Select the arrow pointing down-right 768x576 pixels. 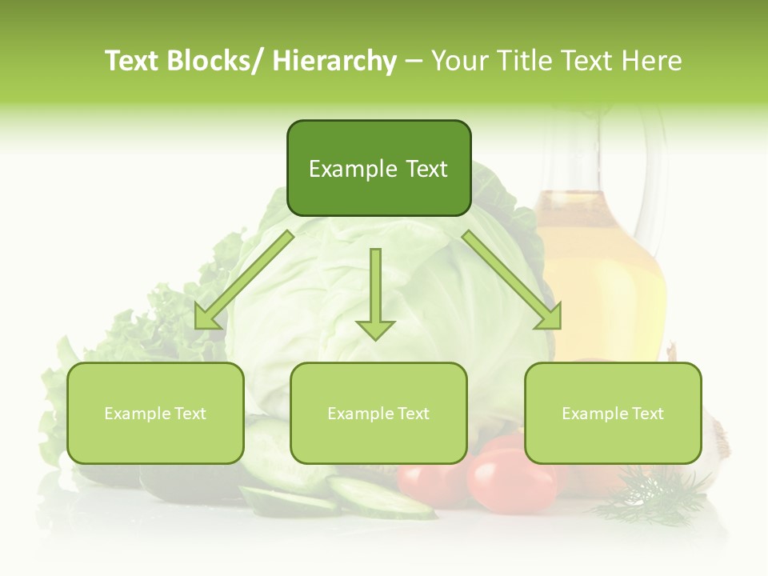point(512,280)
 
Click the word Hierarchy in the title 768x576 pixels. point(334,61)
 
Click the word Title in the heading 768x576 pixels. point(522,61)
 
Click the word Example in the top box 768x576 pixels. point(346,169)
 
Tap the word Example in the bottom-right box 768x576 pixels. point(594,414)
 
